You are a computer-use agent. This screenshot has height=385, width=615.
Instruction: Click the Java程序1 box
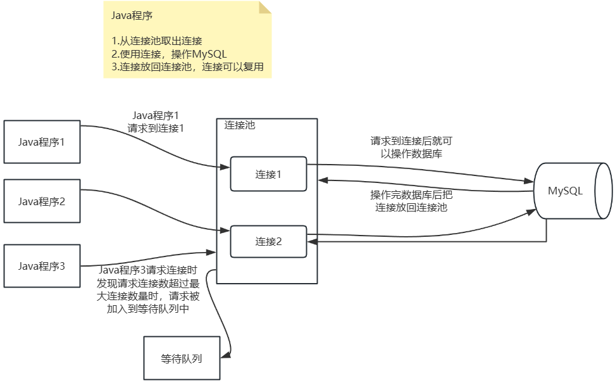tap(42, 141)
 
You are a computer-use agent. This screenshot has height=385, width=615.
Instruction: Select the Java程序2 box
tap(42, 201)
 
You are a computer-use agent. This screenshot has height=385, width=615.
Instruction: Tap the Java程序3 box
tap(42, 265)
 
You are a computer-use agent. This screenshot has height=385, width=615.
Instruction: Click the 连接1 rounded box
tap(268, 174)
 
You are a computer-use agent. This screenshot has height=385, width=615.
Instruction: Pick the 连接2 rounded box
tap(268, 241)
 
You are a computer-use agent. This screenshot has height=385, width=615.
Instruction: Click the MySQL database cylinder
tap(565, 191)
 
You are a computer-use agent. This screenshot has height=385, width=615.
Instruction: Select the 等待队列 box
tap(182, 358)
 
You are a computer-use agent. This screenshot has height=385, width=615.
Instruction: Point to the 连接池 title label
tap(240, 125)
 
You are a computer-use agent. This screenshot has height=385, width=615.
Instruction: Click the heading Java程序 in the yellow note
tap(132, 15)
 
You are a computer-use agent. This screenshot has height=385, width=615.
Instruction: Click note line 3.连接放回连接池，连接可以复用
tap(187, 66)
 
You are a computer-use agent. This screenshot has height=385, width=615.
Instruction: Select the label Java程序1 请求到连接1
tap(156, 121)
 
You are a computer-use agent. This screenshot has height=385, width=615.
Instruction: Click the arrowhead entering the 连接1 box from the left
tap(225, 168)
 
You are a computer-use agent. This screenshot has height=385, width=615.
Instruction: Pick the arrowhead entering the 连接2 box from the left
tap(225, 230)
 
